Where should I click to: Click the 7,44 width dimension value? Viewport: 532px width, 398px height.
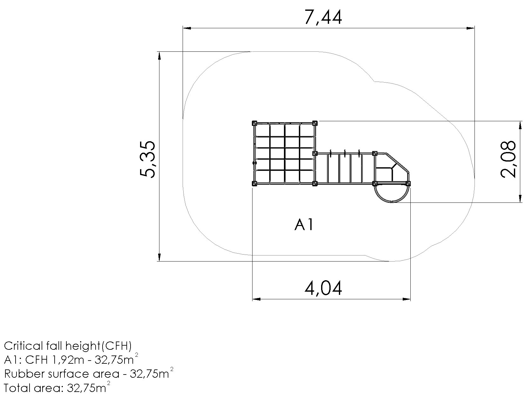coord(323,17)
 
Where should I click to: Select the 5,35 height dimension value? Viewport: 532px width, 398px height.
coord(147,159)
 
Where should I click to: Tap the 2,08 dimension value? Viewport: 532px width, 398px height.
coord(508,159)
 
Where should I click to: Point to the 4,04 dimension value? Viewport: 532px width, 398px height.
coord(323,288)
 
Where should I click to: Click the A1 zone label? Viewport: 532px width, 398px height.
coord(304,225)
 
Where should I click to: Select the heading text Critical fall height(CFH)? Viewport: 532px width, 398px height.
coord(68,346)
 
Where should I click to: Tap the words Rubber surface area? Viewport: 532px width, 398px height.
coord(62,374)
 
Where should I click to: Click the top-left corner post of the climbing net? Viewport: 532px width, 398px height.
coord(254,123)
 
